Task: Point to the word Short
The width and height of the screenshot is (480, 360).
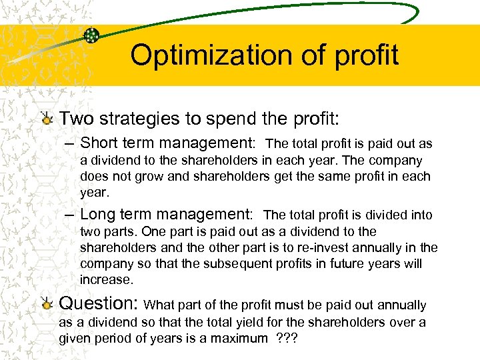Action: tap(102, 143)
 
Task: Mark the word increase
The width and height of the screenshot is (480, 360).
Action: tap(107, 279)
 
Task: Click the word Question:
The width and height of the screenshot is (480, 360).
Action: tap(99, 304)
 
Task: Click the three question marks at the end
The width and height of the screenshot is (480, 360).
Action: tap(287, 339)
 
